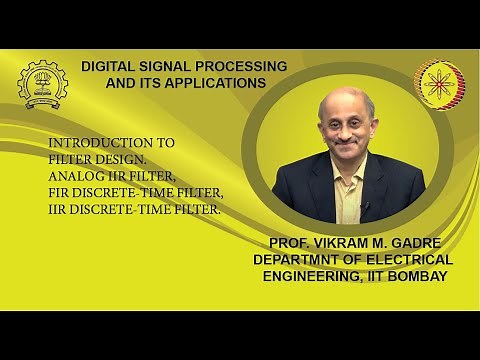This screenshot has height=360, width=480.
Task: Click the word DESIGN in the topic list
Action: click(121, 159)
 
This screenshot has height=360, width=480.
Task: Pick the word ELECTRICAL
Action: click(412, 260)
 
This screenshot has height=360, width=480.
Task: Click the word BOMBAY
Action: click(414, 276)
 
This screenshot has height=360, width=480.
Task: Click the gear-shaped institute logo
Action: click(43, 84)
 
